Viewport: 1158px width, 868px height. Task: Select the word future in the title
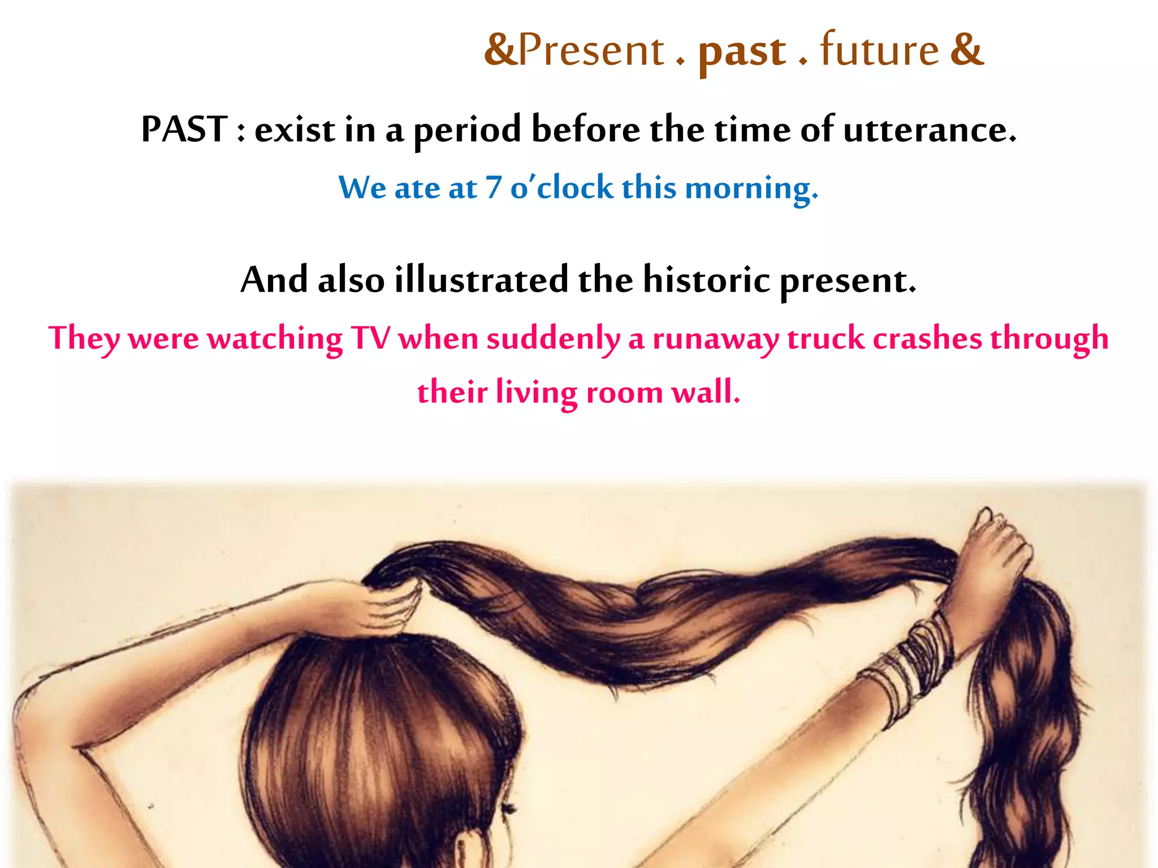coord(879,50)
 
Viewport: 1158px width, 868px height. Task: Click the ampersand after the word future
coord(967,50)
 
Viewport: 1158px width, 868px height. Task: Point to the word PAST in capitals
coord(184,129)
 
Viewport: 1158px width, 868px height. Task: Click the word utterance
coord(929,130)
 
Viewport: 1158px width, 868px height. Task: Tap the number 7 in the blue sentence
coord(493,188)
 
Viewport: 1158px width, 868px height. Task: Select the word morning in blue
coord(750,189)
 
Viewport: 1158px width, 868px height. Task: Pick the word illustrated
coord(481,280)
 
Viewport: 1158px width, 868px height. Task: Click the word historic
coord(707,280)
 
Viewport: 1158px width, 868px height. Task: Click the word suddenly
coord(553,340)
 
